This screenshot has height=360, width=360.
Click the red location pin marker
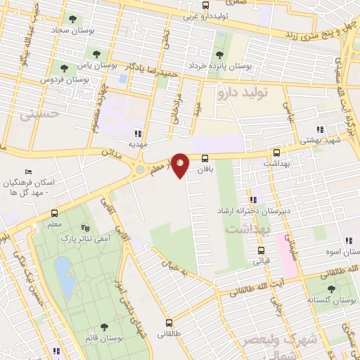pyautogui.click(x=181, y=165)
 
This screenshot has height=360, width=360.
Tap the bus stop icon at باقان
pyautogui.click(x=205, y=158)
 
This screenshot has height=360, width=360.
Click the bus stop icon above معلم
pyautogui.click(x=54, y=214)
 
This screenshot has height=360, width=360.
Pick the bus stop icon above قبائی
pyautogui.click(x=261, y=250)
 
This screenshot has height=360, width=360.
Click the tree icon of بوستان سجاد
pyautogui.click(x=71, y=19)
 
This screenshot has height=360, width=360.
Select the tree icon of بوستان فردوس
pyautogui.click(x=64, y=68)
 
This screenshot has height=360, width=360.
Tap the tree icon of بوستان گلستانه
pyautogui.click(x=331, y=288)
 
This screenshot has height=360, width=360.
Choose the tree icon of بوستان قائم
pyautogui.click(x=104, y=326)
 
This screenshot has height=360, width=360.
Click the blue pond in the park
pyautogui.click(x=65, y=276)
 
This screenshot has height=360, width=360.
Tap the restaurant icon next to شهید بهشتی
pyautogui.click(x=321, y=129)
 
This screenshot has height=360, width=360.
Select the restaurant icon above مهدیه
pyautogui.click(x=138, y=132)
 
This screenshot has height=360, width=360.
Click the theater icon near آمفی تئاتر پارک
pyautogui.click(x=85, y=228)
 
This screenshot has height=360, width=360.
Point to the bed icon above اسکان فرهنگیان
pyautogui.click(x=27, y=172)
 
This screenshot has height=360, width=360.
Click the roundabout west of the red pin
pyautogui.click(x=140, y=169)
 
